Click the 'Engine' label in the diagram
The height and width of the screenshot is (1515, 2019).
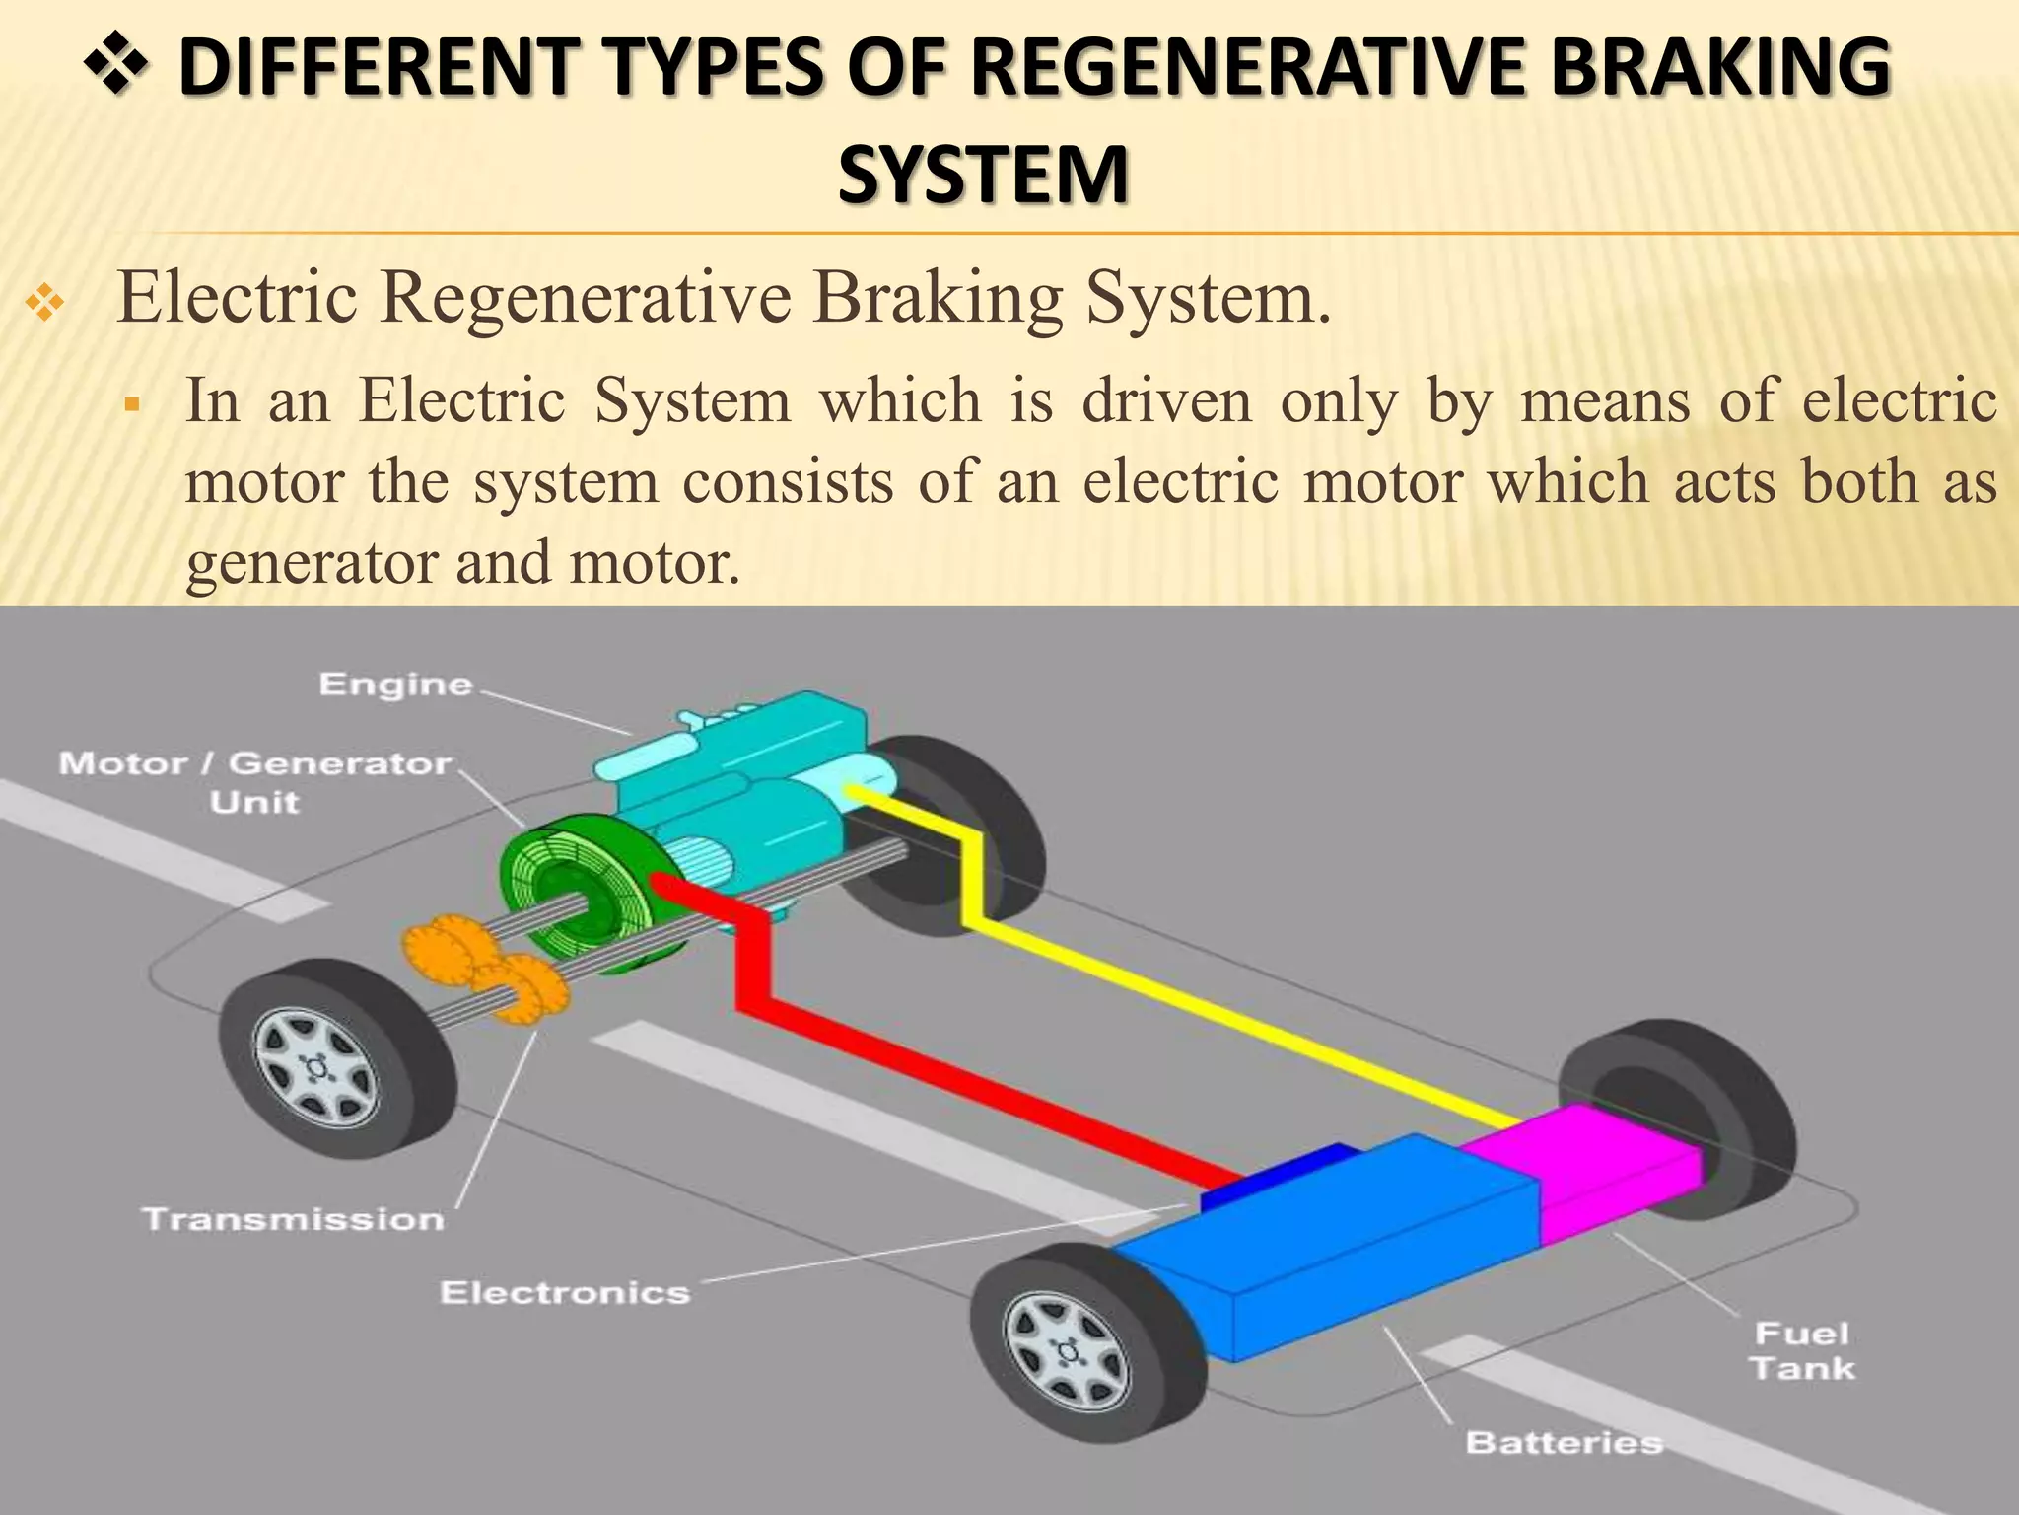[x=395, y=685]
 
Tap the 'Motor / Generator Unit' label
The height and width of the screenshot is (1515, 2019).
[x=255, y=781]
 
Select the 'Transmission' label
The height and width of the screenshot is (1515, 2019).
[x=294, y=1219]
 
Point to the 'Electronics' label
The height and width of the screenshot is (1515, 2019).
[x=564, y=1293]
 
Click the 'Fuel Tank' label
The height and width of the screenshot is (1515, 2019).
[x=1802, y=1351]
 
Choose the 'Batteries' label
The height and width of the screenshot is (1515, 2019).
[x=1564, y=1443]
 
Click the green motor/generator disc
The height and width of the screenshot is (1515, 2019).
[x=572, y=888]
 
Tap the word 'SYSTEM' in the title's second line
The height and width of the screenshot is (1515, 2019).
[x=983, y=174]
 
